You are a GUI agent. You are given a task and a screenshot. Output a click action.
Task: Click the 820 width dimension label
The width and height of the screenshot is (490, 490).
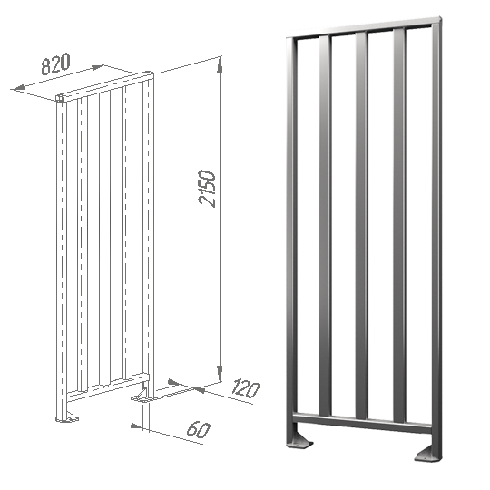[x=55, y=64]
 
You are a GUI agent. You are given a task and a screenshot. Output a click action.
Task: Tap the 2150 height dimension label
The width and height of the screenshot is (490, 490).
[x=207, y=189]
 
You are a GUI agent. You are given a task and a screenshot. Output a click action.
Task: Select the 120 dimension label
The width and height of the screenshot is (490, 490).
[x=246, y=389]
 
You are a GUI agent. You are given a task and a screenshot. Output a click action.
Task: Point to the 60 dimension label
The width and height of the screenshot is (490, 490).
[x=199, y=429]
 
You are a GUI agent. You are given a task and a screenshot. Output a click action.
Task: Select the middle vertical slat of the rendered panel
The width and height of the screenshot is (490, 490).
[x=362, y=225]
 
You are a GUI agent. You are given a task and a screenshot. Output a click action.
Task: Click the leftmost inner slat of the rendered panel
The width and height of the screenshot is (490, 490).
[x=325, y=226]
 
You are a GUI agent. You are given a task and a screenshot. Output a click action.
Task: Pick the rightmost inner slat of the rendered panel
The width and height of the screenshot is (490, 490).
[x=399, y=226]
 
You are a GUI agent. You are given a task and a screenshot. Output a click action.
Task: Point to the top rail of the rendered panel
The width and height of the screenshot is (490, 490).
[x=364, y=27]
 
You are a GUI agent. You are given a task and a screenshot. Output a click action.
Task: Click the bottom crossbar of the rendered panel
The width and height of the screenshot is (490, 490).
[x=362, y=422]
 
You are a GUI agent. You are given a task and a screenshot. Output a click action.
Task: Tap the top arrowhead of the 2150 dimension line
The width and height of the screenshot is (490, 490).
[x=220, y=64]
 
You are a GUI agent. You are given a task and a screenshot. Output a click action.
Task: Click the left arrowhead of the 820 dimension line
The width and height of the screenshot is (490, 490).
[x=18, y=89]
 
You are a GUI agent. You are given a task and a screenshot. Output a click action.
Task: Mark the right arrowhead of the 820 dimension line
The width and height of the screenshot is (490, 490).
[x=96, y=67]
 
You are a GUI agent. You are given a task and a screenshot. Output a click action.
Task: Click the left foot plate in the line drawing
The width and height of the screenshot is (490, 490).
[x=69, y=417]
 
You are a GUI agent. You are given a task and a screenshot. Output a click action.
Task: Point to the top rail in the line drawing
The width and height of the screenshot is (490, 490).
[x=105, y=86]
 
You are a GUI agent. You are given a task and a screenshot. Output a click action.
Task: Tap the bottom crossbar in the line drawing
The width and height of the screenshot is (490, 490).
[x=108, y=387]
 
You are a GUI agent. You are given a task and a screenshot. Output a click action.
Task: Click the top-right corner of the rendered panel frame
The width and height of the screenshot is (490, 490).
[x=441, y=17]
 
